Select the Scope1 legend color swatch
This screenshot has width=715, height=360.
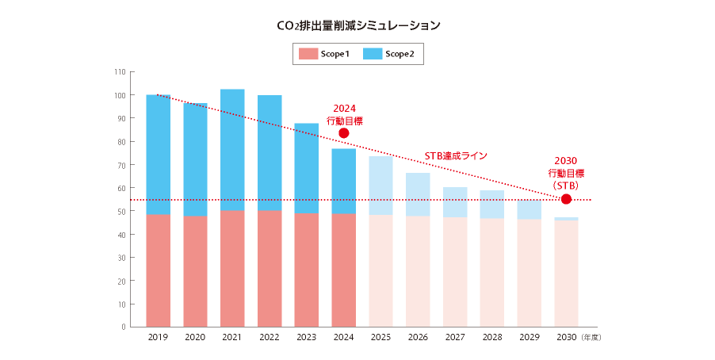click(308, 54)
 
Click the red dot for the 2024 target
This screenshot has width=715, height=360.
click(343, 132)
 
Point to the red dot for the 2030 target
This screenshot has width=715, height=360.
click(566, 199)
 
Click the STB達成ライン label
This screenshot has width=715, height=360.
click(455, 156)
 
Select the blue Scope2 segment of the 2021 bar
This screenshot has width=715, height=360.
click(232, 150)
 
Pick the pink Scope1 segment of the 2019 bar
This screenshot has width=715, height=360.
click(159, 270)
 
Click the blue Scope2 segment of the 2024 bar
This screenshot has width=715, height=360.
click(343, 181)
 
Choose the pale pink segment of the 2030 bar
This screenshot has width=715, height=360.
click(566, 273)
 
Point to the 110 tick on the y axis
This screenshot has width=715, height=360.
click(120, 72)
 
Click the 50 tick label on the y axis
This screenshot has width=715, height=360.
click(120, 212)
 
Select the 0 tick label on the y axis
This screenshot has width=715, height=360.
click(123, 327)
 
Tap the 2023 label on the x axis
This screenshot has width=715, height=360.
click(306, 338)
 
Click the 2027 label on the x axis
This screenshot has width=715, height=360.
click(454, 338)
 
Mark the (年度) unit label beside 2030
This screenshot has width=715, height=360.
click(592, 338)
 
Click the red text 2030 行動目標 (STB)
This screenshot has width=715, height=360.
click(566, 172)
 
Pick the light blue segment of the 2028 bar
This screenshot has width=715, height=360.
click(491, 204)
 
